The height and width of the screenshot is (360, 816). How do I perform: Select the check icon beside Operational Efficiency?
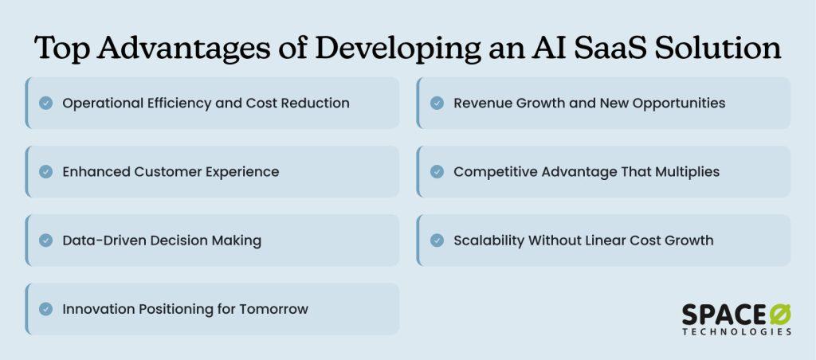click(45, 103)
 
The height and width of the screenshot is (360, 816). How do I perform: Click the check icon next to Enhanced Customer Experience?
click(45, 172)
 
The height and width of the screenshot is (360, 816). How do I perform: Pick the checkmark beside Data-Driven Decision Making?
click(45, 241)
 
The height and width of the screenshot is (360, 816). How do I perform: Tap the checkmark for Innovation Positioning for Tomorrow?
click(45, 309)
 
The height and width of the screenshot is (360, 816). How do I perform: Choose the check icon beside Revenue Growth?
click(437, 103)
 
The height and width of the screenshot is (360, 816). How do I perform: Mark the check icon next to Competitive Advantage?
click(437, 172)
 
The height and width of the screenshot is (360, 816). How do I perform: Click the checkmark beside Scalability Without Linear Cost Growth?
click(437, 241)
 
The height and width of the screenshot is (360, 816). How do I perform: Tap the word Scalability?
click(488, 241)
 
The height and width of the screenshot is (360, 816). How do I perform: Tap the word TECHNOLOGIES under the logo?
click(737, 331)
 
